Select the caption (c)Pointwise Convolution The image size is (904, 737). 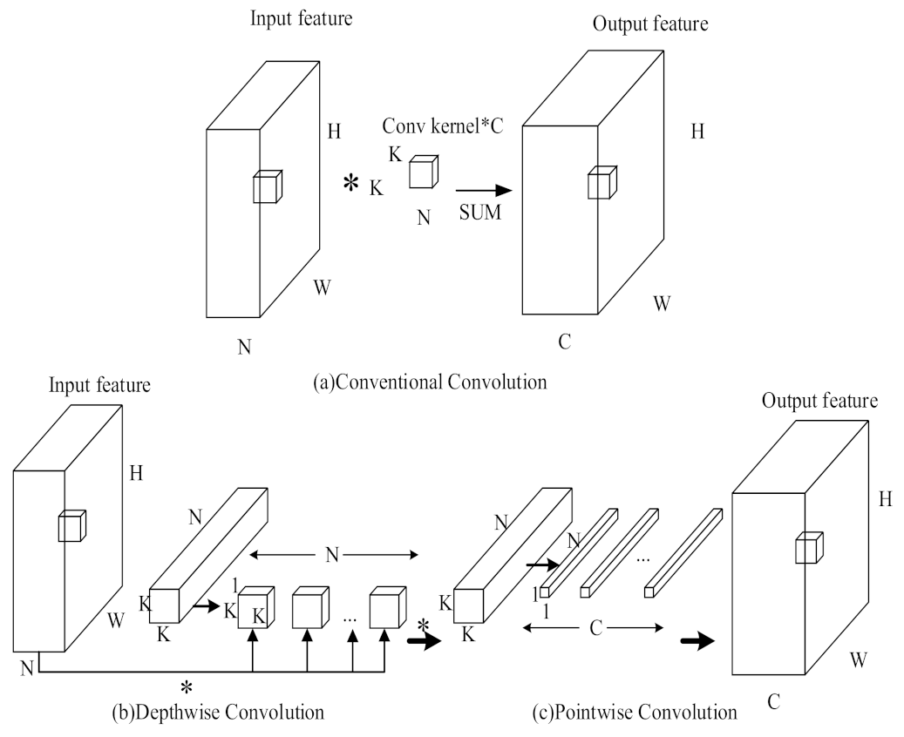(635, 712)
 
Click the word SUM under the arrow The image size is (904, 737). (480, 212)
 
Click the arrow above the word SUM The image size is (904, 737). (483, 189)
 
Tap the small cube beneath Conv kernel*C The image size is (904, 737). (424, 171)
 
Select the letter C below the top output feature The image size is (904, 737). (565, 341)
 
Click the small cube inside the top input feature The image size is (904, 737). (265, 187)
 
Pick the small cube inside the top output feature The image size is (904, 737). (601, 184)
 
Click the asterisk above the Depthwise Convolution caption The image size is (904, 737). (186, 686)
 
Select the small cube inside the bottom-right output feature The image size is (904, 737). (808, 549)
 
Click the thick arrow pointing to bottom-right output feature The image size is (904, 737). (697, 641)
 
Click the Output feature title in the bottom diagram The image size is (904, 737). (819, 401)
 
